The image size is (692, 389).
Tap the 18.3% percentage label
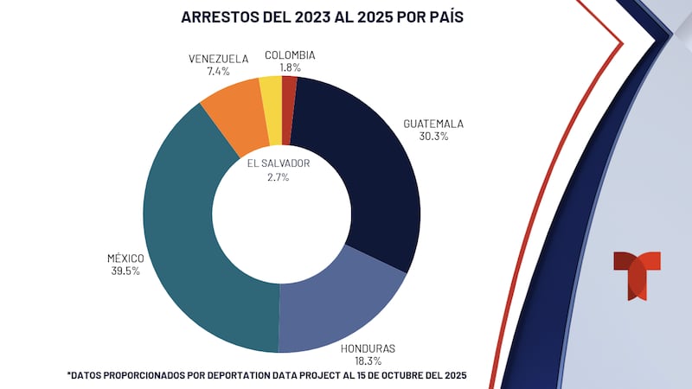click(x=367, y=360)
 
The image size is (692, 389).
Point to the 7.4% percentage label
click(x=218, y=72)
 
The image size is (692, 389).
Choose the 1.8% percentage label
click(x=290, y=67)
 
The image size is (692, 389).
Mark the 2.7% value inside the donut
click(x=279, y=176)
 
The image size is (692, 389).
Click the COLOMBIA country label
click(x=290, y=54)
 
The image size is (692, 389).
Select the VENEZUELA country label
click(x=218, y=60)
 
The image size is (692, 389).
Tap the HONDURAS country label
click(x=367, y=348)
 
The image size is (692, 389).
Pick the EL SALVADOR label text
click(x=279, y=163)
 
